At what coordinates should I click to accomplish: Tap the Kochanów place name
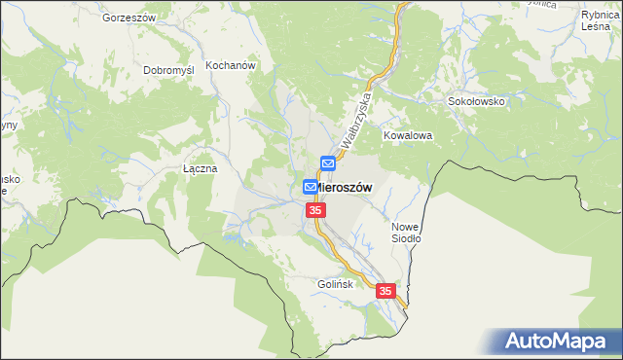point(230,67)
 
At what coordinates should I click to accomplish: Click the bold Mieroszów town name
point(344,187)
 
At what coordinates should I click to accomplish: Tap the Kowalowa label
point(407,136)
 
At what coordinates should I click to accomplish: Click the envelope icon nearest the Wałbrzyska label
point(329,163)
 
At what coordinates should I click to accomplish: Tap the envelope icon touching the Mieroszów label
point(311,186)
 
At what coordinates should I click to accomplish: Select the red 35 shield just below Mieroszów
point(314,210)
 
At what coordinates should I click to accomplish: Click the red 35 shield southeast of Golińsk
point(385,291)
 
